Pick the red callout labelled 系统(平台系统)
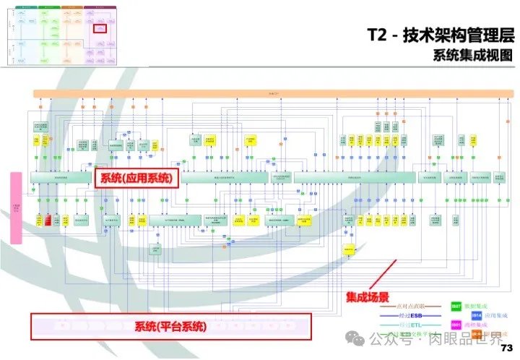[170, 327]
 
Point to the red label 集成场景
[367, 296]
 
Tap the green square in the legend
[456, 307]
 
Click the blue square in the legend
[477, 316]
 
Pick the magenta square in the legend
[456, 326]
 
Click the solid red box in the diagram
[48, 220]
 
